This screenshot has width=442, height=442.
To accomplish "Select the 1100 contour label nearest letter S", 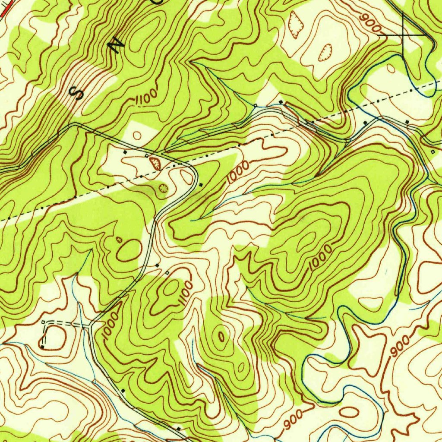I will [145, 99].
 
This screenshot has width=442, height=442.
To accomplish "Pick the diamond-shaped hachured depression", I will [296, 25].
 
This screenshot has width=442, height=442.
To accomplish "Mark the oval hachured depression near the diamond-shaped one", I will [324, 53].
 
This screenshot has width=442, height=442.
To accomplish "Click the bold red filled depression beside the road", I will [155, 163].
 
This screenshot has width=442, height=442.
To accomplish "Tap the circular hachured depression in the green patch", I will [163, 188].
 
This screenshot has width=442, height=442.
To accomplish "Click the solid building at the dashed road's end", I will [42, 347].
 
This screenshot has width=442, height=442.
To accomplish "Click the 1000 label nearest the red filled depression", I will [238, 172].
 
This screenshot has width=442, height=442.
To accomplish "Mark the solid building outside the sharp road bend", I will [201, 185].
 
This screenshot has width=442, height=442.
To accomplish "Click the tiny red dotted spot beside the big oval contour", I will [119, 239].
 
